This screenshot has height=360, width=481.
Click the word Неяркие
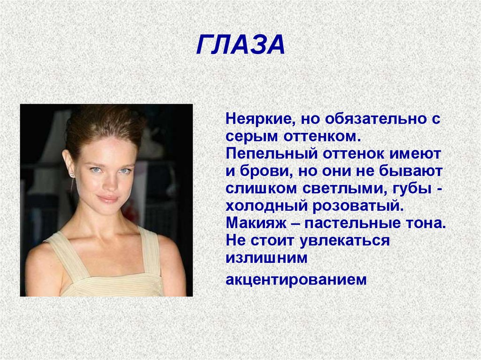256,119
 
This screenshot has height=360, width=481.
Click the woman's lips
108,199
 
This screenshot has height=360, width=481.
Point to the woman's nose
109,183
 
